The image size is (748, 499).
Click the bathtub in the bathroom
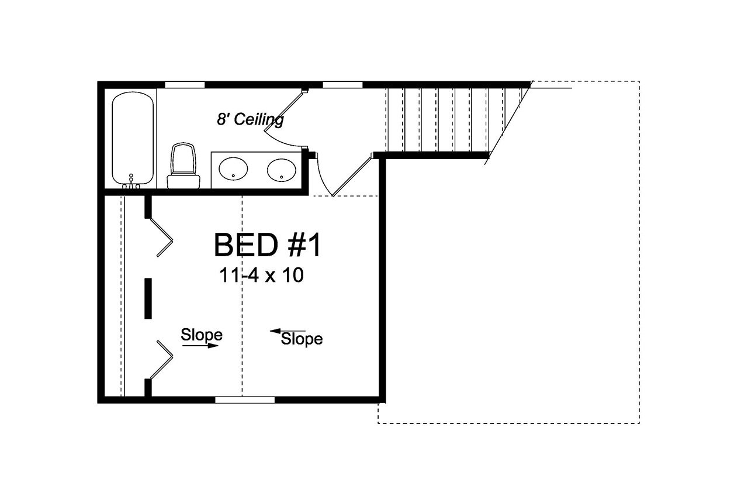pyautogui.click(x=133, y=138)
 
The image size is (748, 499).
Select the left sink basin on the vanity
pyautogui.click(x=233, y=170)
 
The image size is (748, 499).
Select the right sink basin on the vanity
pyautogui.click(x=282, y=170)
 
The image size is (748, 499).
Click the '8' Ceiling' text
pyautogui.click(x=250, y=119)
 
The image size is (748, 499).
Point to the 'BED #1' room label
pyautogui.click(x=267, y=245)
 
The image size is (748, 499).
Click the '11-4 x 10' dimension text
pyautogui.click(x=261, y=275)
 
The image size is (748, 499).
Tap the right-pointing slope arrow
pyautogui.click(x=200, y=346)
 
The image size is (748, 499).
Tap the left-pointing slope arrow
pyautogui.click(x=287, y=331)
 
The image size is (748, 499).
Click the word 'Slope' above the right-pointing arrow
pyautogui.click(x=201, y=335)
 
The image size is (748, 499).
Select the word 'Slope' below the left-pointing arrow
pyautogui.click(x=302, y=339)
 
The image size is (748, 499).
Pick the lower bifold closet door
pyautogui.click(x=162, y=358)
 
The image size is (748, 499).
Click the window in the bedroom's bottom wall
pyautogui.click(x=245, y=400)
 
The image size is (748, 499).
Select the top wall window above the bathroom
pyautogui.click(x=185, y=85)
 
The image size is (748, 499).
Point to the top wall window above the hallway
pyautogui.click(x=342, y=85)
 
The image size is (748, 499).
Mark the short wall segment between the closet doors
pyautogui.click(x=148, y=298)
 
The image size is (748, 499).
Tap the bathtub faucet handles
pyautogui.click(x=131, y=185)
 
